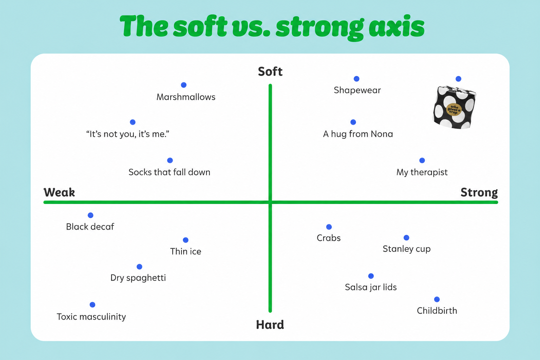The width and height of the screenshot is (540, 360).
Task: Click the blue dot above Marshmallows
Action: pos(184,85)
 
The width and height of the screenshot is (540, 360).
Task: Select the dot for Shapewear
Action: pos(356,79)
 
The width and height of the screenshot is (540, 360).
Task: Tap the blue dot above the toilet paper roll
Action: pos(458,79)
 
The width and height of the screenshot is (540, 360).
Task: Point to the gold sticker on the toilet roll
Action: pos(454,110)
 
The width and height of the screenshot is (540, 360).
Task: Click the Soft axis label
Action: pos(270,72)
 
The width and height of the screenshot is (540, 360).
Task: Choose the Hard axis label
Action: pos(270,325)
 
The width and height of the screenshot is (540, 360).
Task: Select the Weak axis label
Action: pos(59,192)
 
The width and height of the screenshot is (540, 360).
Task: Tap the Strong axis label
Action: pos(479,192)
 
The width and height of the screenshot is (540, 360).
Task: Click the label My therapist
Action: pos(422,172)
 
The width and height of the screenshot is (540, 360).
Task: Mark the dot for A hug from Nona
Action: pos(353,122)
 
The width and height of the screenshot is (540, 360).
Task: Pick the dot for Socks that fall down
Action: pos(170,160)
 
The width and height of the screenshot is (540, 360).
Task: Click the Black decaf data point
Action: pos(91,215)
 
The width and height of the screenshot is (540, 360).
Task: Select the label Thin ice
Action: pos(186,251)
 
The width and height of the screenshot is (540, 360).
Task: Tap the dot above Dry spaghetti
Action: pos(139,267)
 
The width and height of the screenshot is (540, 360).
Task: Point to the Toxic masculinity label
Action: pos(91,317)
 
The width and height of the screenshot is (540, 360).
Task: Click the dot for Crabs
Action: pos(329,227)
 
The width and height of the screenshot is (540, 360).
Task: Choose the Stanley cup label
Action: pos(407,249)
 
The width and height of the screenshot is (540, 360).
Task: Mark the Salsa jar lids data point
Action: pos(371,276)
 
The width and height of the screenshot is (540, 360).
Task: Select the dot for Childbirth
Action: pos(437,299)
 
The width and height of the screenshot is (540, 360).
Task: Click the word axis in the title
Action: pos(397,27)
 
